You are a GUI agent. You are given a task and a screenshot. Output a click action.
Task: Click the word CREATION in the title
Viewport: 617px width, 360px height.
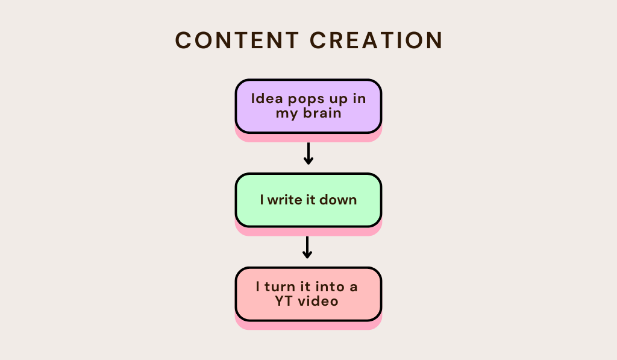377,40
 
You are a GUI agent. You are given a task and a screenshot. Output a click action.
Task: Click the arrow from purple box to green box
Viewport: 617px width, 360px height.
308,153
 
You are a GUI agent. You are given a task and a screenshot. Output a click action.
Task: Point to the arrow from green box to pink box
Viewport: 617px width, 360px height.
307,247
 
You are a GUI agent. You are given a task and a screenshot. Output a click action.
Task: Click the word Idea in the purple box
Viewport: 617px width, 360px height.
263,99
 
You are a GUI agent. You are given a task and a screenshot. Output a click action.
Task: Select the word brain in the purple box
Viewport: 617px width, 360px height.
322,113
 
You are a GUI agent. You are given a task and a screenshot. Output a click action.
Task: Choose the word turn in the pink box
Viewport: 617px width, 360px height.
282,287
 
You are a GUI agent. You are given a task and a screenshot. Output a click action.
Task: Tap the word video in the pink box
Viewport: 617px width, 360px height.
320,300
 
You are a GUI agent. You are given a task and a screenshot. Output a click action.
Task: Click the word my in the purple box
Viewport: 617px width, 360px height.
286,114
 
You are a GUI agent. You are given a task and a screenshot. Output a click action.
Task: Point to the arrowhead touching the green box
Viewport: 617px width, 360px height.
308,161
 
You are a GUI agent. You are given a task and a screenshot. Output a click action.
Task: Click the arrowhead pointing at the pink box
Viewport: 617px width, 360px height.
307,255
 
